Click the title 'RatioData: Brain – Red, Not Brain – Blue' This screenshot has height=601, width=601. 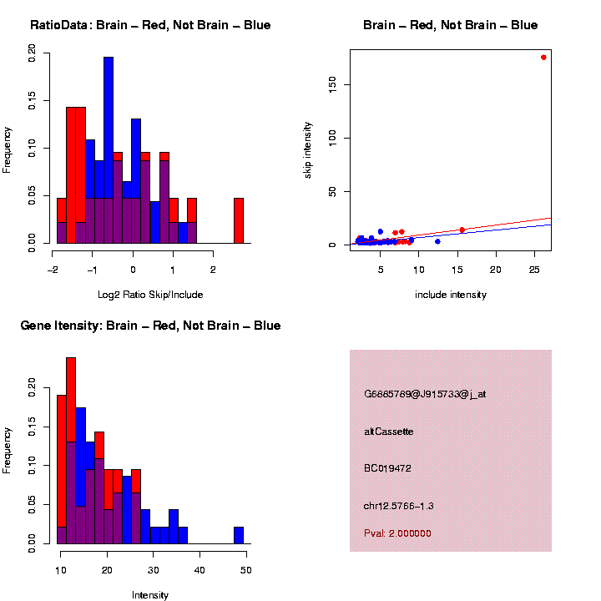click(150, 25)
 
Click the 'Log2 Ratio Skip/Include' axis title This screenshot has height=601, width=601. click(151, 295)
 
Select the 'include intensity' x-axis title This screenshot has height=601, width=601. click(451, 295)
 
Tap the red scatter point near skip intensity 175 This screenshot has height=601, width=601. click(543, 58)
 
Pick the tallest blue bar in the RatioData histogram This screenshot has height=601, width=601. click(109, 150)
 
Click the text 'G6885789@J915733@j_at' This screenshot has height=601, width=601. click(425, 394)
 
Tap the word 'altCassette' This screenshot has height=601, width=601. click(389, 432)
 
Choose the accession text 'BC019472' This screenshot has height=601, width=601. click(388, 468)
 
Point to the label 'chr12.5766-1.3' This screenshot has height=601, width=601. click(399, 506)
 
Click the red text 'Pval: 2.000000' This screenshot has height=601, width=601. click(398, 533)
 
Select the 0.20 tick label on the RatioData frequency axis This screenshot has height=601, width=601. click(33, 53)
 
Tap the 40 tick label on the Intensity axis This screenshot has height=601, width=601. click(199, 568)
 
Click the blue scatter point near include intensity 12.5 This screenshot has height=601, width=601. click(437, 241)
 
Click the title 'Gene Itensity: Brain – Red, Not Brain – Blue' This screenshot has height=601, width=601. click(150, 326)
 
